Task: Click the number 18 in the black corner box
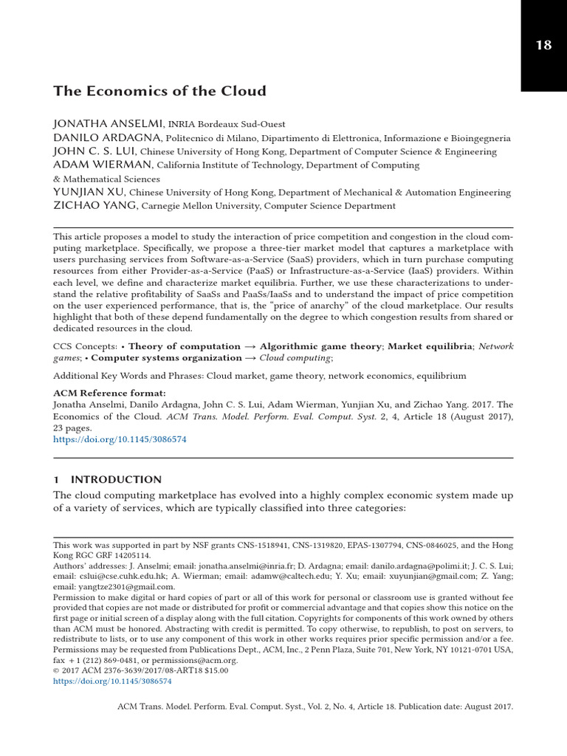click(543, 45)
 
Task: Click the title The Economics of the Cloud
click(159, 92)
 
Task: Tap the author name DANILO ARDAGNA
click(107, 138)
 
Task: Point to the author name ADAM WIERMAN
click(102, 165)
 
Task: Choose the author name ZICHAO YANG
click(94, 206)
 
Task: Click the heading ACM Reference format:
click(109, 393)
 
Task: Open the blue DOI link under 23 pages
click(120, 439)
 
